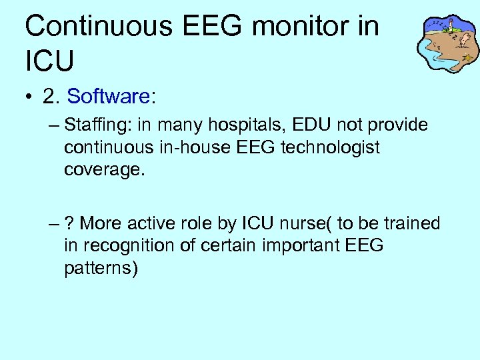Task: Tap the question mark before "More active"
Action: click(x=69, y=223)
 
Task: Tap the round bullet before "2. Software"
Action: click(x=29, y=97)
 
